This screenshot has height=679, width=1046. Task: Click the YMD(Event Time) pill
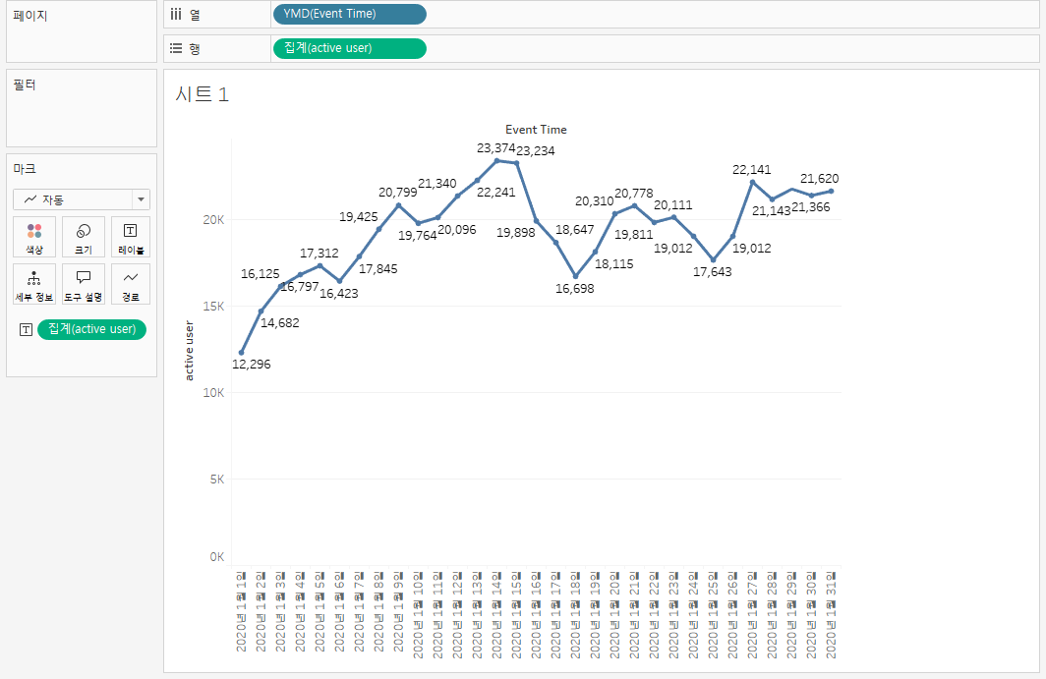349,14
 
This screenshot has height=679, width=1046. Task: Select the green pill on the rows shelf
349,48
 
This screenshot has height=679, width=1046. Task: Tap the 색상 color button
34,238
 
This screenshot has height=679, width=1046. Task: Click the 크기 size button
84,238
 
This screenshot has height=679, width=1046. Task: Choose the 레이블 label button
131,238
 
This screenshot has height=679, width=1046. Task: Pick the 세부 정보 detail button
34,284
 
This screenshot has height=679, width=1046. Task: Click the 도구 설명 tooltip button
84,284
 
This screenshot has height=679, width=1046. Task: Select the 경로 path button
131,284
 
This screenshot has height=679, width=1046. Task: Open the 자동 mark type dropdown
82,199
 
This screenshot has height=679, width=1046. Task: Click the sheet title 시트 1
202,94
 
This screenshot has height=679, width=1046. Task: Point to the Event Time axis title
536,130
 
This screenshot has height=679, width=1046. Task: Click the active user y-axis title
189,350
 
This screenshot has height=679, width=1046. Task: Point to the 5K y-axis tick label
215,479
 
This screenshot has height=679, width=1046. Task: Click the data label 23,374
496,148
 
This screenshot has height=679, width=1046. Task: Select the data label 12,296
251,365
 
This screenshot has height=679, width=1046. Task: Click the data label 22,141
752,170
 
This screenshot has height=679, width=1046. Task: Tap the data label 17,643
712,272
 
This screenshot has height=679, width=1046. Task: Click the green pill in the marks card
91,329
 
